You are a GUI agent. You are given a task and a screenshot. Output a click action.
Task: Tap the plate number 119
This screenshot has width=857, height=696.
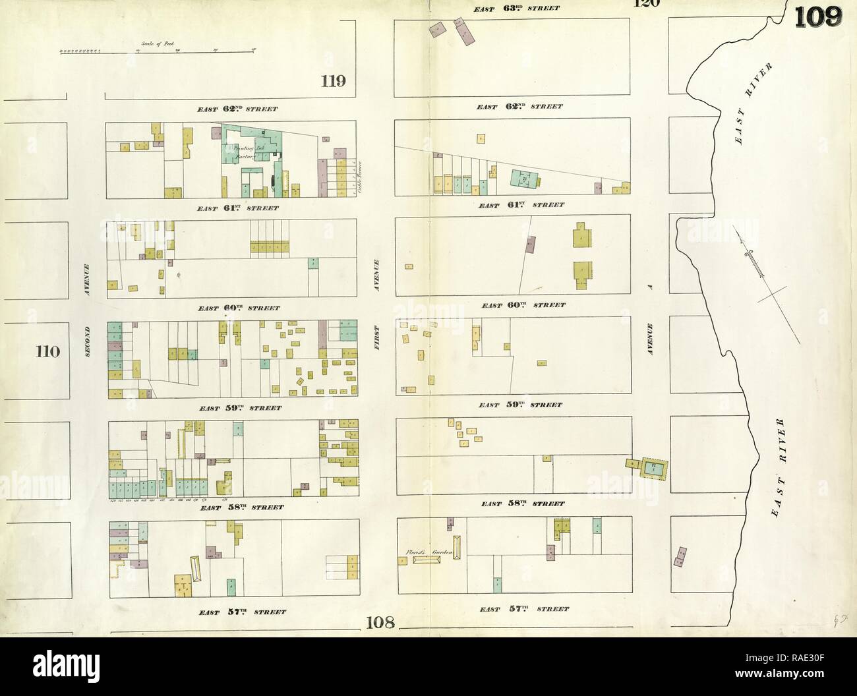tap(334, 82)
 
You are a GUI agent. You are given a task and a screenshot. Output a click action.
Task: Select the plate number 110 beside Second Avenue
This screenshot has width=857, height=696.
tap(48, 351)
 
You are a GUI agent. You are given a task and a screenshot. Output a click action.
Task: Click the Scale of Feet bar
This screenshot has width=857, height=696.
tap(158, 49)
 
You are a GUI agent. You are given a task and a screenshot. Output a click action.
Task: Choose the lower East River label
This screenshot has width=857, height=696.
tap(784, 468)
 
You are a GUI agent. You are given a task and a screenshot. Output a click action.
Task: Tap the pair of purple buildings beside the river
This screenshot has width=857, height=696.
tap(680, 556)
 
